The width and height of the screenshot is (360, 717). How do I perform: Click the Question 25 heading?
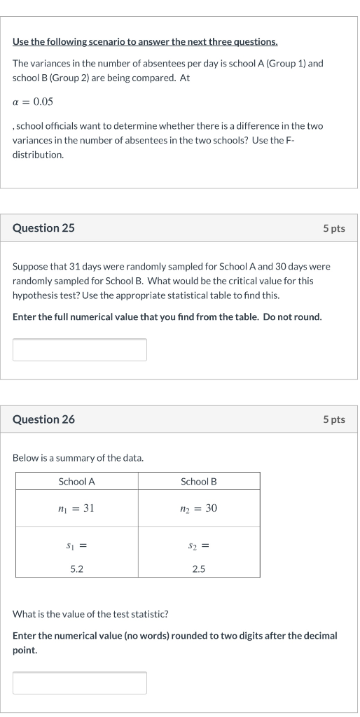click(x=43, y=228)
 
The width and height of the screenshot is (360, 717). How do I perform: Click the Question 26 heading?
click(x=43, y=419)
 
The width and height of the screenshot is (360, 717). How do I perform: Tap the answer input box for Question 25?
click(x=80, y=349)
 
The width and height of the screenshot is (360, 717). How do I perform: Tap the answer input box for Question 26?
click(x=80, y=683)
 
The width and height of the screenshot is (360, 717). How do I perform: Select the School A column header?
click(x=76, y=481)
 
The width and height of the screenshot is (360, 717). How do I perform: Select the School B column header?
click(x=199, y=481)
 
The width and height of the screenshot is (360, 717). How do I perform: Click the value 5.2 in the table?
click(x=77, y=569)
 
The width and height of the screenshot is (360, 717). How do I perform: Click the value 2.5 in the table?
click(x=199, y=569)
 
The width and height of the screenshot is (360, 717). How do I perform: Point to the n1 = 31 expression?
click(x=76, y=508)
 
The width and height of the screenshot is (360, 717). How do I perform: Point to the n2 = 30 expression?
click(x=199, y=508)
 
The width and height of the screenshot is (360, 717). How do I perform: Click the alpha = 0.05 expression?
click(x=33, y=102)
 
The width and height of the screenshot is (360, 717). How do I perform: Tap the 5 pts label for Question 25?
click(x=333, y=229)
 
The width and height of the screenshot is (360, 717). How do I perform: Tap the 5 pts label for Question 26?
click(x=333, y=419)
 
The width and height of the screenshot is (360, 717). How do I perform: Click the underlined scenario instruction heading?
click(x=145, y=43)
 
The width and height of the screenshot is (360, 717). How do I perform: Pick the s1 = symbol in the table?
click(x=77, y=544)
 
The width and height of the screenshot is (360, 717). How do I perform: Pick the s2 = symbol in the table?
click(x=199, y=544)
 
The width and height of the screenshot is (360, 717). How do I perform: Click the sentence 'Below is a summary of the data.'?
click(x=78, y=458)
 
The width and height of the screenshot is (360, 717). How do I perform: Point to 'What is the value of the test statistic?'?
click(x=91, y=615)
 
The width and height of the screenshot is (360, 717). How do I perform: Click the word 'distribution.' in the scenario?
click(x=38, y=155)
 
